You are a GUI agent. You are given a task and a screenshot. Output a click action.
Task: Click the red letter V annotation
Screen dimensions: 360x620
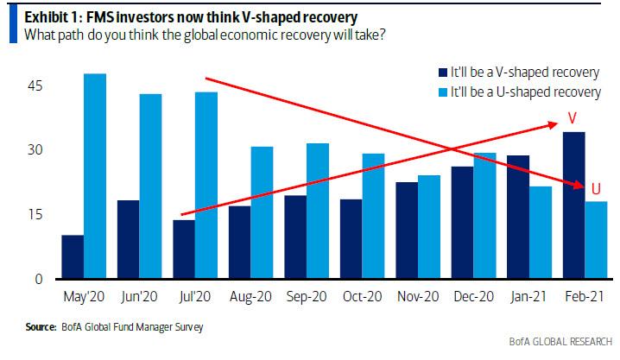(x=571, y=117)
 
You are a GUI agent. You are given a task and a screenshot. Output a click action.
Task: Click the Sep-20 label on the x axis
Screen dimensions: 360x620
(x=305, y=297)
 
